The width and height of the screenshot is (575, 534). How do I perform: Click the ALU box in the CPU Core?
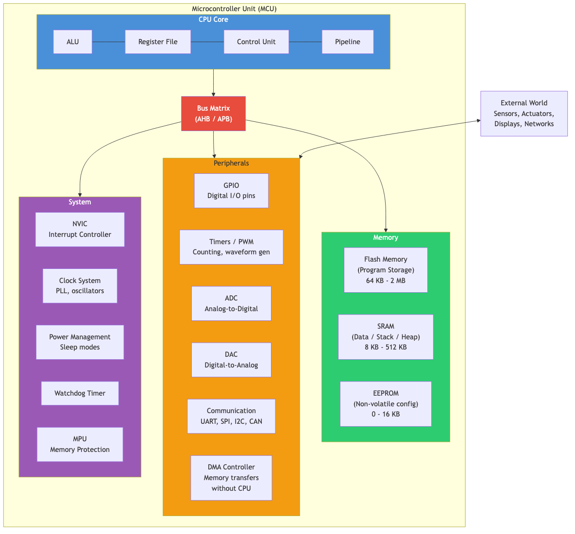(72, 42)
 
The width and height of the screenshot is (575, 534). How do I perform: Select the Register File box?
(158, 42)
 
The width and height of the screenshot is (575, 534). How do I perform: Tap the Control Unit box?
(256, 42)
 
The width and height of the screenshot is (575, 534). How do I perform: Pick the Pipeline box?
(348, 42)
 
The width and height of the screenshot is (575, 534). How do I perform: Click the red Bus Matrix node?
(213, 114)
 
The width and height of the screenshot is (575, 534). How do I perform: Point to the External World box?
(524, 114)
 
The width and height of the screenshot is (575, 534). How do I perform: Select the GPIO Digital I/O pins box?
(231, 191)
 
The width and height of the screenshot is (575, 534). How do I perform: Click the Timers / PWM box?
(231, 247)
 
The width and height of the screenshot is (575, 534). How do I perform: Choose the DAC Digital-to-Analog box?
(231, 360)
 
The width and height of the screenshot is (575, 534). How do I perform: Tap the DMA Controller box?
(231, 478)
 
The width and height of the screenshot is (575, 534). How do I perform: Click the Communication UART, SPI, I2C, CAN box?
(231, 416)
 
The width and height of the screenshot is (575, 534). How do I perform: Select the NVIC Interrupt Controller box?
(80, 229)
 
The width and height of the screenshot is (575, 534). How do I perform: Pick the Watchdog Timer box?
(80, 393)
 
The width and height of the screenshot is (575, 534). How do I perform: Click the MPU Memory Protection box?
(80, 444)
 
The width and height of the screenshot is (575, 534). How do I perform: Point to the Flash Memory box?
(386, 270)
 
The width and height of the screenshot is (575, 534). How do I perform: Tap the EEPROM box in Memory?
(386, 404)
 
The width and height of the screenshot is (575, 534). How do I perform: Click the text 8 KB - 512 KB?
(386, 348)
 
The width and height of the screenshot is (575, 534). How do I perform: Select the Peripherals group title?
(231, 163)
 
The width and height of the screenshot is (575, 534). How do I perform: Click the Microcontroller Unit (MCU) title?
(234, 9)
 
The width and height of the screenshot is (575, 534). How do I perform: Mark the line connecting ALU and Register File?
(108, 42)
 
